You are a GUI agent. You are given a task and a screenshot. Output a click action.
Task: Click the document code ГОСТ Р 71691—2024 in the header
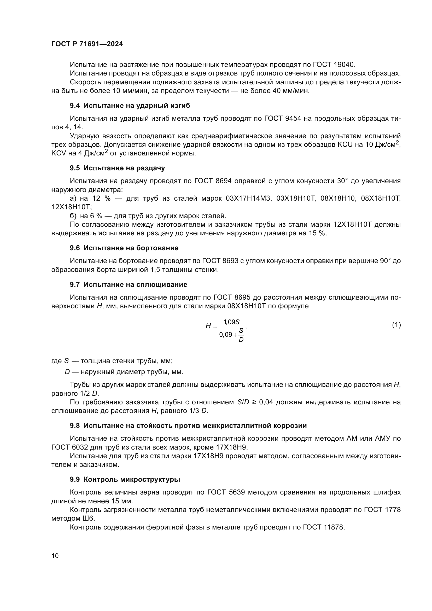(x=87, y=44)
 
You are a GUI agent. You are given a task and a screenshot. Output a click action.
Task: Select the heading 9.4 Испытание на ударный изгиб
(x=130, y=106)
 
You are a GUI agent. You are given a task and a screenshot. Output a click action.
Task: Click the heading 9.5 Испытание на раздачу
(x=117, y=168)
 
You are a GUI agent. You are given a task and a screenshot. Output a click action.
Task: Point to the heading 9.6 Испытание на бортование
(x=124, y=248)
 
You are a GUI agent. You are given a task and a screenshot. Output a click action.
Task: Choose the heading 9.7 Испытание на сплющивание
(x=129, y=284)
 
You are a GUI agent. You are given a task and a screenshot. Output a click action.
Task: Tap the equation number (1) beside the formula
(x=396, y=325)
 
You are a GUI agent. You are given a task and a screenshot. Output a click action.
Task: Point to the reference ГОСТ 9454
(x=283, y=118)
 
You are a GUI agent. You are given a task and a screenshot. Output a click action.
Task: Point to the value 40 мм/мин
(x=291, y=91)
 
